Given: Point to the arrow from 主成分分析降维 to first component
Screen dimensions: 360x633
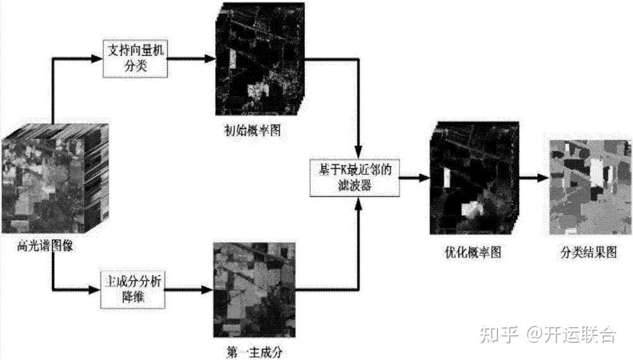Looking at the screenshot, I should [187, 290].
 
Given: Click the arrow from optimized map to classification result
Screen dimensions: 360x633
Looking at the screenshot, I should [533, 178].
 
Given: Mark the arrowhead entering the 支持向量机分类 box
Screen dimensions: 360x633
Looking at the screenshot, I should [97, 59].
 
